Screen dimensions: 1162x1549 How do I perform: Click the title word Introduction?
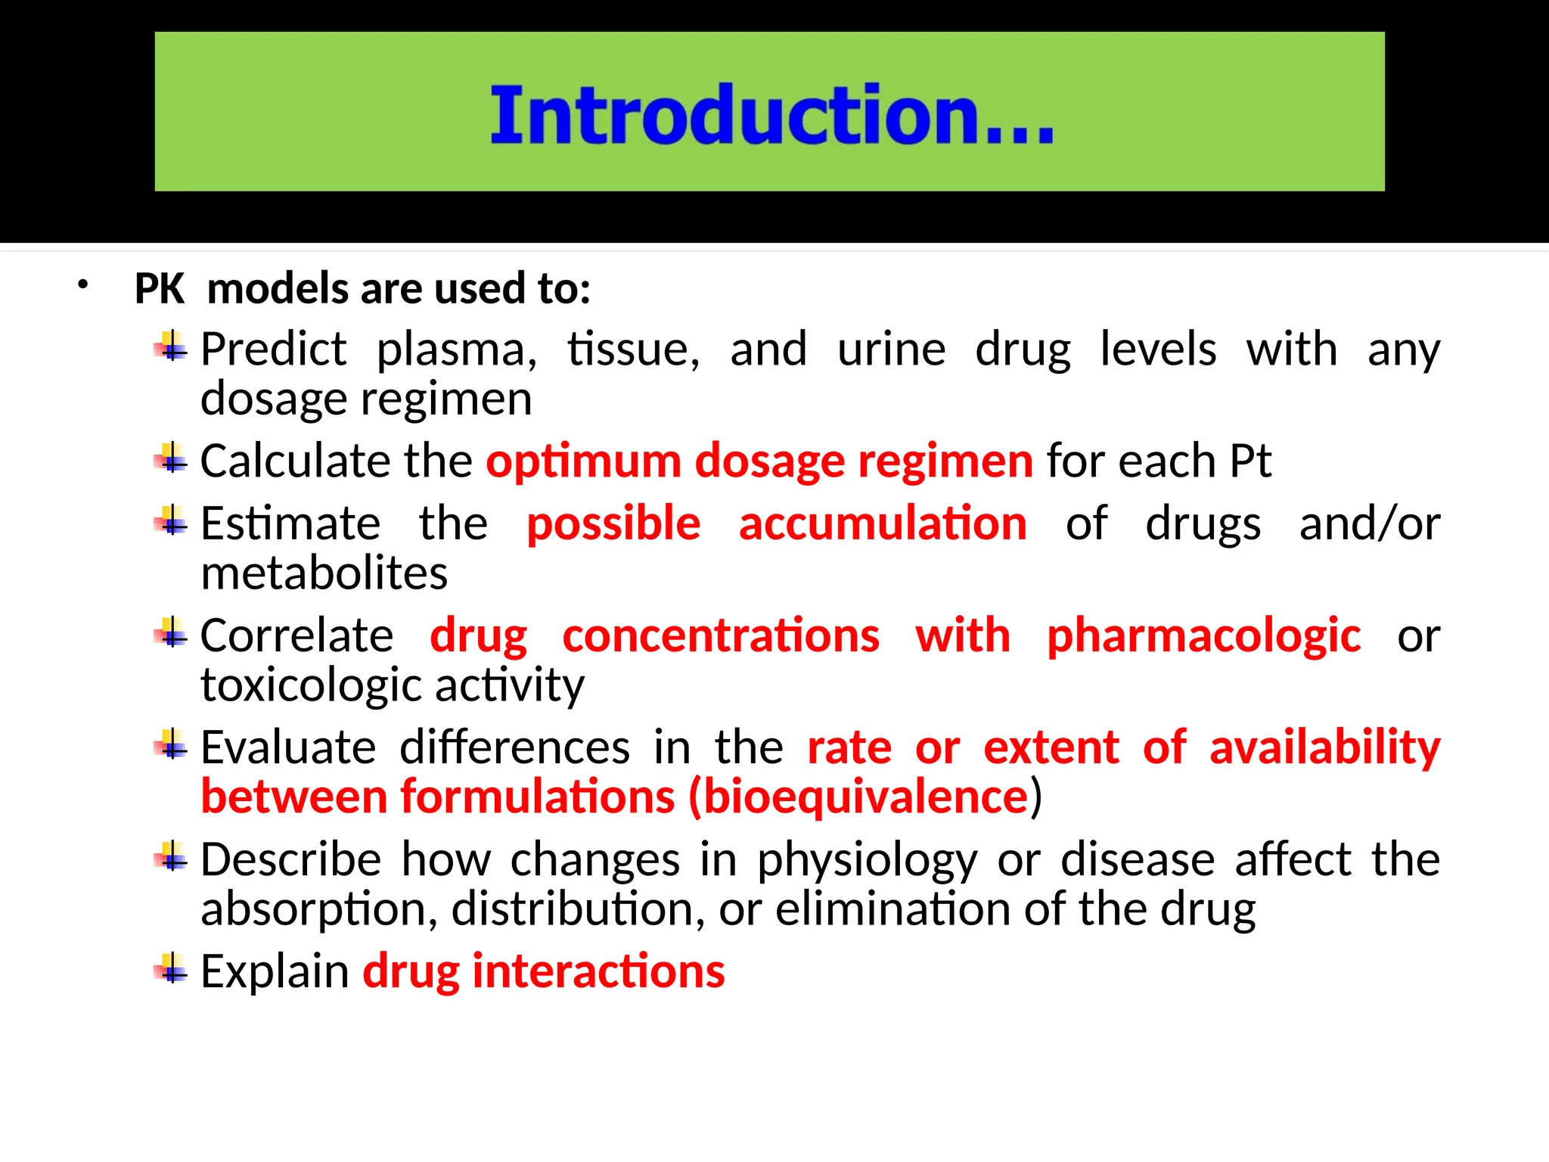click(771, 115)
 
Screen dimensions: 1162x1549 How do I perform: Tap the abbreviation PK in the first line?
click(160, 289)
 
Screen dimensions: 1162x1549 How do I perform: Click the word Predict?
click(273, 350)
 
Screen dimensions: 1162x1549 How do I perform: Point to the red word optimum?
click(583, 461)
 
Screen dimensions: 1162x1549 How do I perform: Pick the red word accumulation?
click(883, 524)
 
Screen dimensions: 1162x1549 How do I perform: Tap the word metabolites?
click(324, 573)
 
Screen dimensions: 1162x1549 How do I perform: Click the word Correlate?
click(296, 635)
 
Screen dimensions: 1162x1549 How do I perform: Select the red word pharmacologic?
click(1203, 635)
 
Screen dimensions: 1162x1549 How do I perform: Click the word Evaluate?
click(288, 747)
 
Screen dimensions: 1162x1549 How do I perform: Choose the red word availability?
click(1324, 747)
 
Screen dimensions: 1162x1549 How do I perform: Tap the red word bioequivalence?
click(865, 797)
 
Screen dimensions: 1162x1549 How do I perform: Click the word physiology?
click(868, 860)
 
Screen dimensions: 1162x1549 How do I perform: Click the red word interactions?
click(598, 971)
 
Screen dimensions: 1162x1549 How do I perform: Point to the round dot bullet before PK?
click(83, 286)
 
